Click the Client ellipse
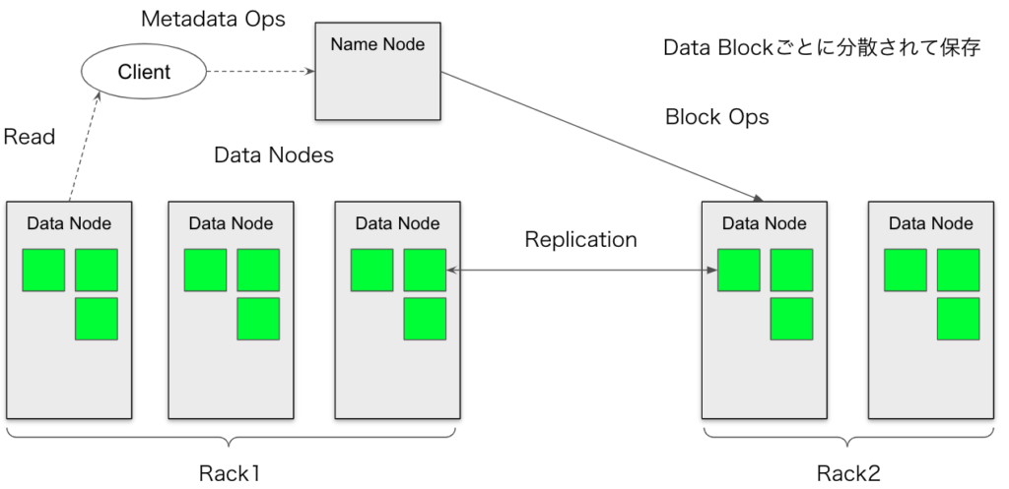coord(144,72)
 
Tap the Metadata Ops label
coord(213,19)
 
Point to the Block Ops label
coord(717,117)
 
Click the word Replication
coord(580,239)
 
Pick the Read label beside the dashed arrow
coord(30,137)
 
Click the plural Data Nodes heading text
coord(274,155)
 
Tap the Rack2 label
coord(849,473)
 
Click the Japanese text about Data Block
coord(821,47)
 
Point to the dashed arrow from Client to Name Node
coord(258,72)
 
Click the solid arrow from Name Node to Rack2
coord(601,133)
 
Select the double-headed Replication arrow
coord(581,269)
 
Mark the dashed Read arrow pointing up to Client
coord(84,148)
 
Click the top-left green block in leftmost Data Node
coord(43,270)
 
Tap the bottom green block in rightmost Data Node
coord(958,319)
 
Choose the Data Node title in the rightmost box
coord(930,223)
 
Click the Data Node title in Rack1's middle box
coord(231,223)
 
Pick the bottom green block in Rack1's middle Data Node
coord(258,319)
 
